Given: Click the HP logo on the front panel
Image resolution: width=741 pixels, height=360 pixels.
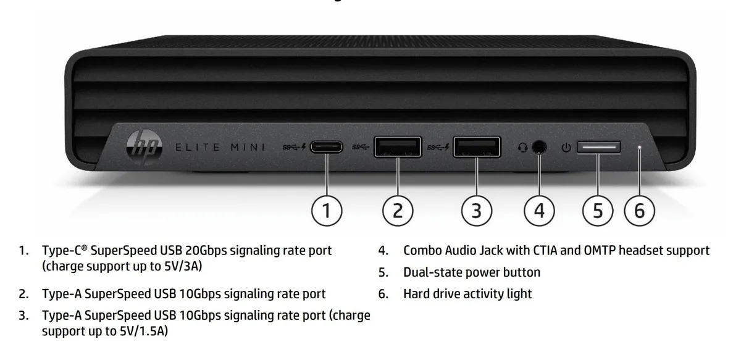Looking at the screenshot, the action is [x=144, y=147].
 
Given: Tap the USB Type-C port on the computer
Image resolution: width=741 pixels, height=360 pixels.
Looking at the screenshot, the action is [x=326, y=147].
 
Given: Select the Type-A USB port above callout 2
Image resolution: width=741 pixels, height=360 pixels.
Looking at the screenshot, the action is [x=398, y=146].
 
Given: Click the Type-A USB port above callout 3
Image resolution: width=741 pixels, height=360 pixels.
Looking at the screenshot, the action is [x=477, y=146].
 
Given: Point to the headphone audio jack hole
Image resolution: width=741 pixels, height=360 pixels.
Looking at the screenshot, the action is [x=539, y=147].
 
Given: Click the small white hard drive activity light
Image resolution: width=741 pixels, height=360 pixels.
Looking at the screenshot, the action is [x=640, y=147].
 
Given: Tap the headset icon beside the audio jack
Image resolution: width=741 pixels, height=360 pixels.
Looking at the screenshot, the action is [x=522, y=148].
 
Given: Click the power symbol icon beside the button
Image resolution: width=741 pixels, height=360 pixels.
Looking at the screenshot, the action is [x=566, y=148].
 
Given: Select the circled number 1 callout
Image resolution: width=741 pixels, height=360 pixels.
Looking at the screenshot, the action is [x=327, y=211].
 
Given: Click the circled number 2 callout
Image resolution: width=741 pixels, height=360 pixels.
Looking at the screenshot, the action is [x=398, y=211].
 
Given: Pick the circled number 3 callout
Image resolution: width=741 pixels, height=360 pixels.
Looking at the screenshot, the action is [x=477, y=211].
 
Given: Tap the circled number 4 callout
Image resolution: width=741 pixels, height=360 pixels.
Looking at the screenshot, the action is [x=539, y=211].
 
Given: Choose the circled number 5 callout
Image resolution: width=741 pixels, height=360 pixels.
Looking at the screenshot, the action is [x=598, y=211].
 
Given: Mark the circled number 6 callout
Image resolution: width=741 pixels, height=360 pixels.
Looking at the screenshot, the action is [x=640, y=211].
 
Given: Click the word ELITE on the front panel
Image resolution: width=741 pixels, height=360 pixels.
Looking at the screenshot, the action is [x=198, y=147].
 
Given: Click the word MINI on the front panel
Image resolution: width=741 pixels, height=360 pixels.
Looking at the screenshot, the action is [x=248, y=147].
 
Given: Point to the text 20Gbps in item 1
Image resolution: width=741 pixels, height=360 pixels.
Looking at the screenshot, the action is [x=206, y=251].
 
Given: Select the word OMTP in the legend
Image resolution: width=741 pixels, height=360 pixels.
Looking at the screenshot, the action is [x=600, y=251].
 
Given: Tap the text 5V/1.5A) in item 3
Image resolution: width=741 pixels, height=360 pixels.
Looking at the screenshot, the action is [x=143, y=331].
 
